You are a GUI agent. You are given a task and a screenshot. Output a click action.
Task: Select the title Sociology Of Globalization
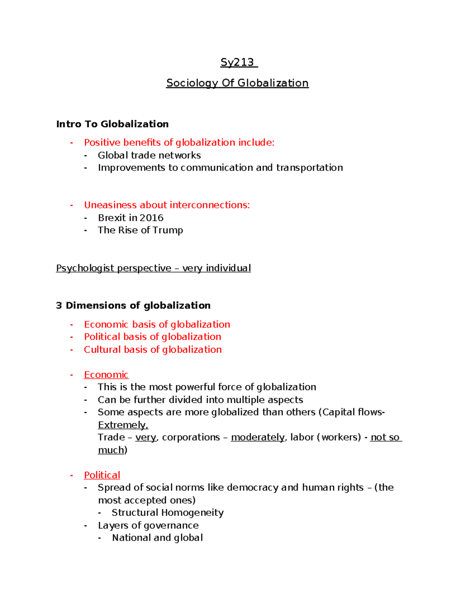(x=237, y=83)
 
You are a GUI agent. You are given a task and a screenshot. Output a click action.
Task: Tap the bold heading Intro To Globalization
(x=112, y=124)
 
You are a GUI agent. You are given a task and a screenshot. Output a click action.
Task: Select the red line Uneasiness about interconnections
(x=167, y=205)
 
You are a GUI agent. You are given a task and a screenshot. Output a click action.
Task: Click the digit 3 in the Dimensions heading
(x=59, y=306)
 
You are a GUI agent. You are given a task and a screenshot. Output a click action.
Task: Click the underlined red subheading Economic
(x=106, y=375)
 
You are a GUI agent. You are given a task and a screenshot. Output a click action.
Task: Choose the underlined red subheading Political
(x=102, y=475)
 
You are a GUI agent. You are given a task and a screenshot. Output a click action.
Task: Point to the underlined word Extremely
(x=123, y=425)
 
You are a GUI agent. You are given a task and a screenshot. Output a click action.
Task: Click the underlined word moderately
(x=258, y=437)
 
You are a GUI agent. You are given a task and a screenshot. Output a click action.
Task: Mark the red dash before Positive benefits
(x=72, y=143)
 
